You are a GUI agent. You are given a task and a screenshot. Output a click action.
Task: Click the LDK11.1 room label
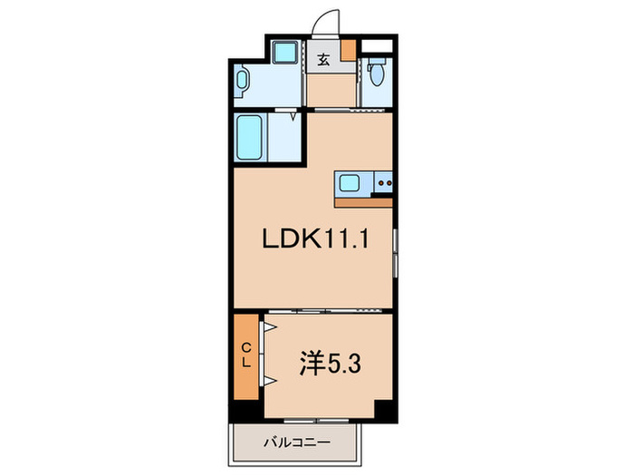tap(313, 239)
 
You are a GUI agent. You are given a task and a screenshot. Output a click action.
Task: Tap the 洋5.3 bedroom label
tap(332, 364)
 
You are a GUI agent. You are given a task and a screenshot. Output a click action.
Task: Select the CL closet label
tap(246, 354)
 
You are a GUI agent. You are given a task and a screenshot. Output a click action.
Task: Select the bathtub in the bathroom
tap(249, 136)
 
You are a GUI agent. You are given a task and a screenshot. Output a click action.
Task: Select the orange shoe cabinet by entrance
tap(349, 51)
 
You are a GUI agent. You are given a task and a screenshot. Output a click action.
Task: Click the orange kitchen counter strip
tap(363, 201)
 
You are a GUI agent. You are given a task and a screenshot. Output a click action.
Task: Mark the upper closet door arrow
tap(269, 325)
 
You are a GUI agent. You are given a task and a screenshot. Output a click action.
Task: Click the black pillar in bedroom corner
tap(384, 410)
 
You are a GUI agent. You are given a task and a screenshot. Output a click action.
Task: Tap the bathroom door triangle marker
tap(292, 115)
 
